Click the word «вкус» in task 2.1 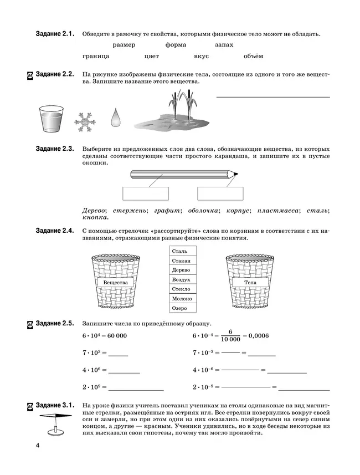coord(202,56)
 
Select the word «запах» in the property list coord(223,44)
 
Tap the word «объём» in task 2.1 coord(253,56)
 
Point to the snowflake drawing coord(85,122)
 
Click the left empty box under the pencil coord(145,193)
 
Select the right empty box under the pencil coord(220,193)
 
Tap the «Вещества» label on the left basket coord(115,282)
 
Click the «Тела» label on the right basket coord(250,282)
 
